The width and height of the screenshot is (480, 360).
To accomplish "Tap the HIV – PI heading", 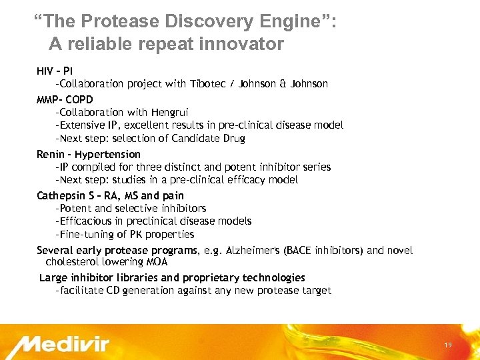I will click(x=55, y=71).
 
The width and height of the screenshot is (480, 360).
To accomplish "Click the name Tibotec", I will click(x=209, y=84).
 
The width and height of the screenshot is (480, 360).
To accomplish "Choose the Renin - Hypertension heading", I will click(x=89, y=155).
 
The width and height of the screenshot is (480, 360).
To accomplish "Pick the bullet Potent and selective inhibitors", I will click(x=131, y=209).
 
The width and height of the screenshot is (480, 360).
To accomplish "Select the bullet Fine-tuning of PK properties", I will click(x=125, y=235).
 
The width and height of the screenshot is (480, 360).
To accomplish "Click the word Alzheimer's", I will click(x=253, y=251).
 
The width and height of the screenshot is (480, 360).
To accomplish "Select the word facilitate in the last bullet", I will click(x=81, y=291).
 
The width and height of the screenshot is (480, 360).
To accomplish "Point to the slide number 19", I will click(x=447, y=345).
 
